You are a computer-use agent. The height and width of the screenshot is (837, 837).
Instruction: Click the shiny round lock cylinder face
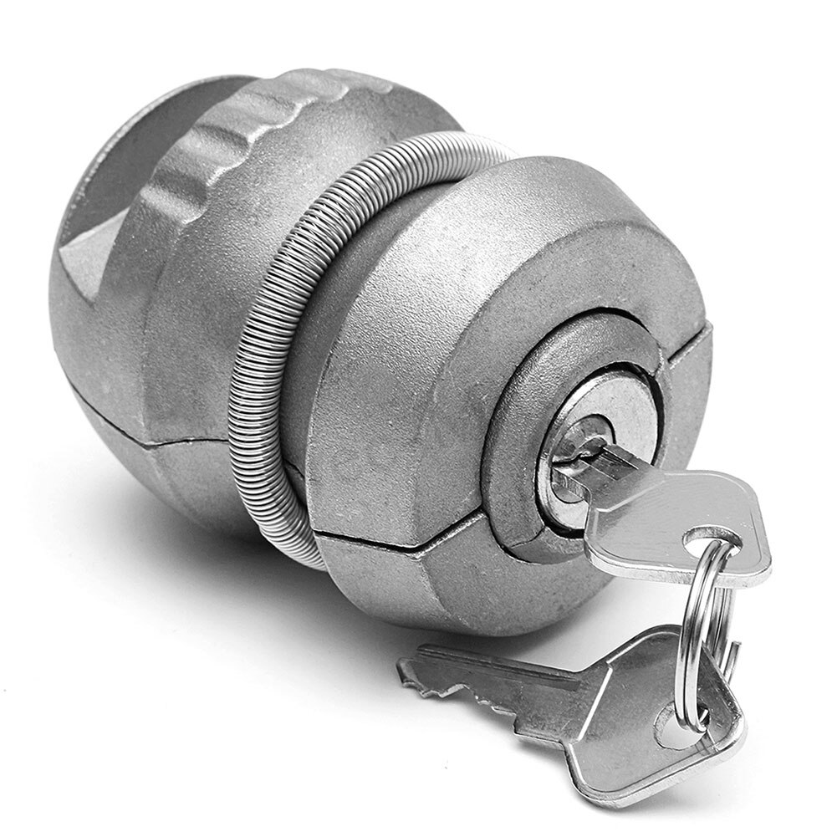[598, 435]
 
